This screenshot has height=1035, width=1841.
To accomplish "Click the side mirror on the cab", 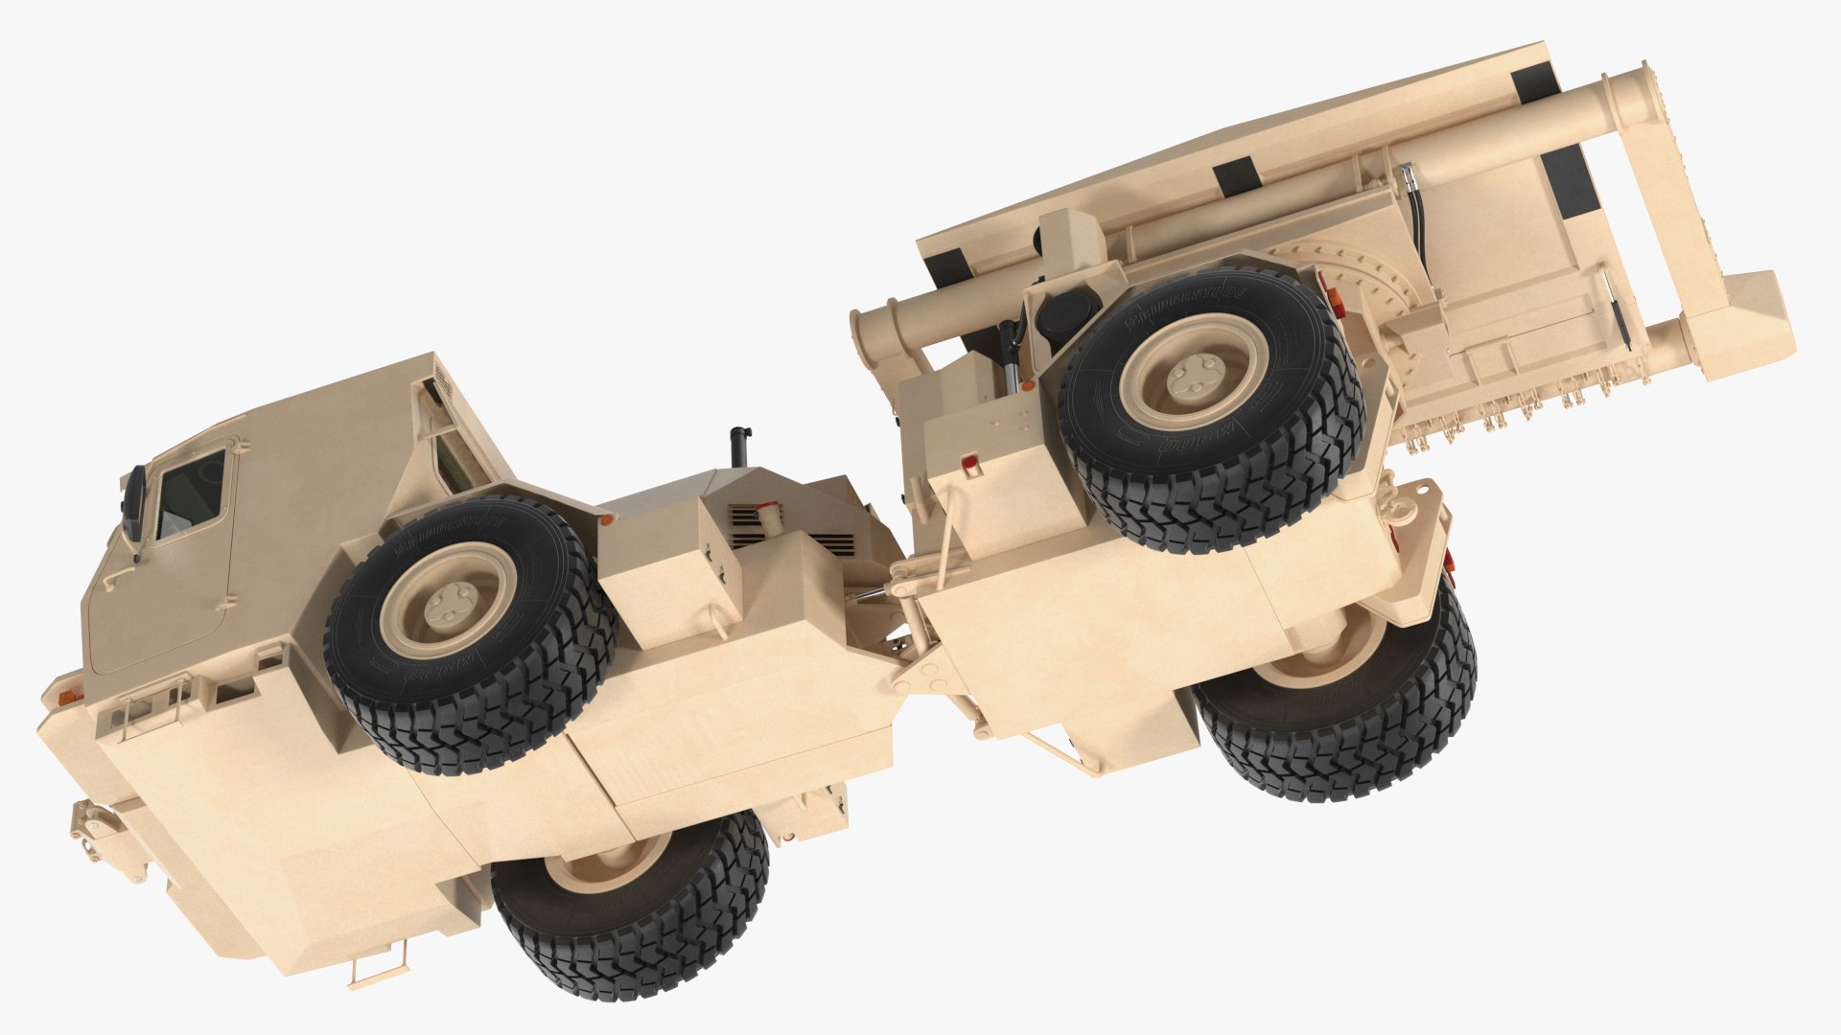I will click(133, 504).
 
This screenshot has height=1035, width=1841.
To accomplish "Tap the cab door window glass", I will click(192, 493).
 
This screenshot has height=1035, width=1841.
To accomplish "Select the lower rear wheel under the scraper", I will click(1342, 709).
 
